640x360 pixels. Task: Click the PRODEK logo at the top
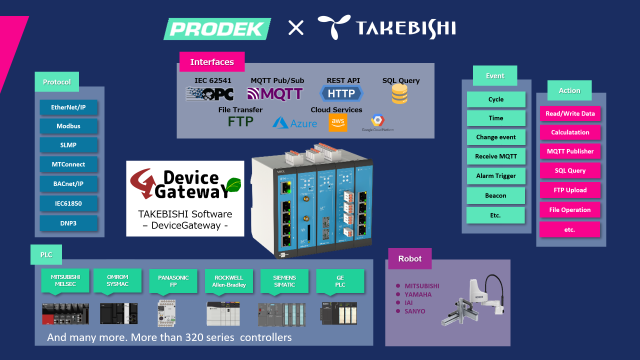(217, 28)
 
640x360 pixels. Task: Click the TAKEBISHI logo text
(386, 27)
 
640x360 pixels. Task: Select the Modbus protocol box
(68, 126)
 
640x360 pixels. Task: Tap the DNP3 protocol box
(68, 223)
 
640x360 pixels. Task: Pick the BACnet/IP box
(68, 184)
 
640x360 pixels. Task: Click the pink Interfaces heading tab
(212, 62)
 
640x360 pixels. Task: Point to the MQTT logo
(275, 94)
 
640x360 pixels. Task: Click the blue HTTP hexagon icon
(341, 93)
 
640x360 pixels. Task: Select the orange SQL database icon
(399, 94)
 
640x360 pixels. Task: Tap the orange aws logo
(338, 122)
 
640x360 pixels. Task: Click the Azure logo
(295, 122)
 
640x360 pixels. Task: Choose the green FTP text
(240, 121)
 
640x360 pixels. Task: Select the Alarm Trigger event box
(496, 176)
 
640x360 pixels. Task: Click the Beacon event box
(496, 195)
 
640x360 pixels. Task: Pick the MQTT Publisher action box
(570, 151)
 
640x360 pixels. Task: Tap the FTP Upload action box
(570, 190)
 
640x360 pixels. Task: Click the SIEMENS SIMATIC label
(284, 281)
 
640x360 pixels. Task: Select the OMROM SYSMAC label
(117, 281)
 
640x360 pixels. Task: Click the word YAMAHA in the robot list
(418, 294)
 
